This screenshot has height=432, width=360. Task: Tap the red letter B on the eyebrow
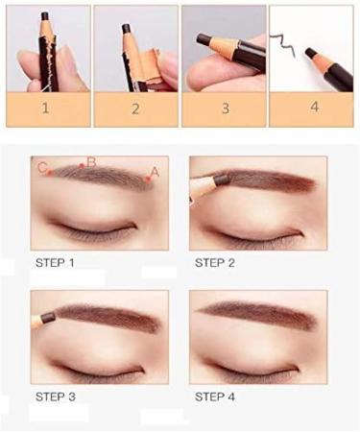[x=91, y=163]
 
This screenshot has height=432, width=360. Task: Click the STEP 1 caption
[x=55, y=261]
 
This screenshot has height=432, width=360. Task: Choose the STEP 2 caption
[x=215, y=261]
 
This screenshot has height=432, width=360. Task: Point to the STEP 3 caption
[x=55, y=396]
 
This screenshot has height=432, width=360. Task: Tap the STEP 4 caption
[x=215, y=396]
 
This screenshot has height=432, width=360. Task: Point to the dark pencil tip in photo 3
[x=203, y=39]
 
